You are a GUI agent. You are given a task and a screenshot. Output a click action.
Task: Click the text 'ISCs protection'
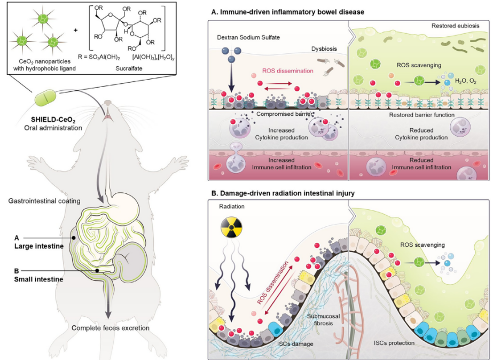click(x=393, y=342)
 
